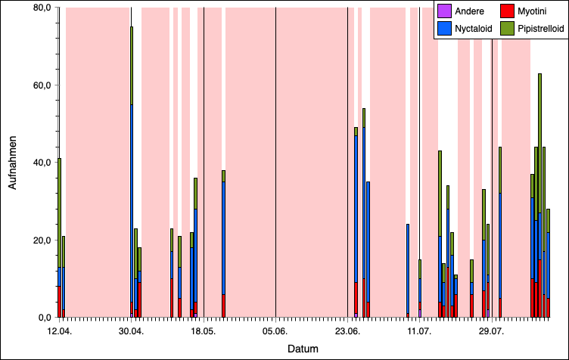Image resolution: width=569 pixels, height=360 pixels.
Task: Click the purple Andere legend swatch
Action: tap(445, 11)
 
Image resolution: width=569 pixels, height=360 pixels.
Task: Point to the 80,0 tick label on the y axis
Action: tap(39, 8)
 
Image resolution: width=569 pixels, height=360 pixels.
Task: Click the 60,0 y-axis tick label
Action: tap(39, 85)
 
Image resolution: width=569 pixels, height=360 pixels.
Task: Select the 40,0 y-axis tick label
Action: tap(39, 163)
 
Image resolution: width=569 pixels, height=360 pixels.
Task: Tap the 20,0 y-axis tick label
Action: tap(39, 240)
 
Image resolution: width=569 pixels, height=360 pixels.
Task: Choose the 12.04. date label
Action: tap(59, 331)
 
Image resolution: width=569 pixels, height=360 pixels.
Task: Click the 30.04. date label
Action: tap(131, 331)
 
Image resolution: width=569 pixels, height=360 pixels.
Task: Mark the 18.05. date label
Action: tap(204, 331)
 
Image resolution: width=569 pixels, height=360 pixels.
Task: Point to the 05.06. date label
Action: tap(275, 331)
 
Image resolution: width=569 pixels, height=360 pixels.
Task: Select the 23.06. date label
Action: tap(347, 331)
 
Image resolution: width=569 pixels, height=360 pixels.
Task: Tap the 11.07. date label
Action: tap(419, 331)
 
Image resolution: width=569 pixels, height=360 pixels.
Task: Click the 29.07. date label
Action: tap(492, 331)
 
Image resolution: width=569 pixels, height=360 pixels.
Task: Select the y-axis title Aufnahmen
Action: tap(13, 163)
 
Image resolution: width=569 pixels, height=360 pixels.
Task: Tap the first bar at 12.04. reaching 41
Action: tap(59, 238)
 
